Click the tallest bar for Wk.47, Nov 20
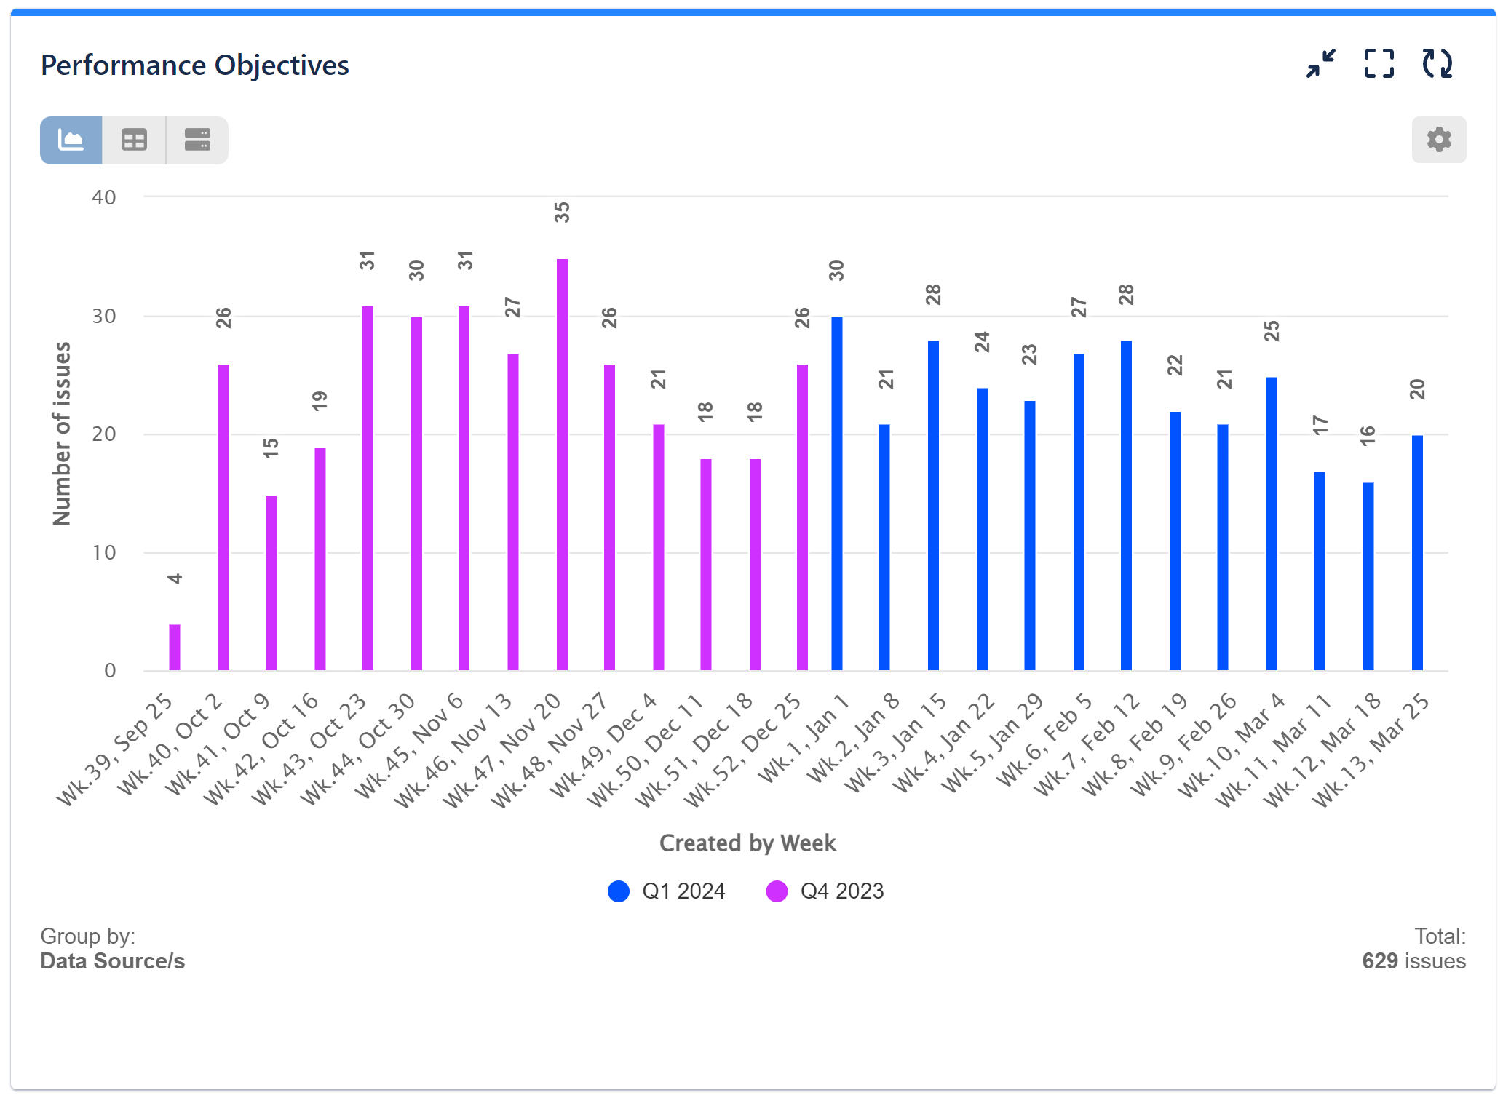[562, 466]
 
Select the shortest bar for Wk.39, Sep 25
[175, 648]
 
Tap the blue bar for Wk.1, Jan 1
[837, 495]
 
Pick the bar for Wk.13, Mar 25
[1417, 553]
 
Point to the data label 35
[562, 212]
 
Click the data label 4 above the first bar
[175, 579]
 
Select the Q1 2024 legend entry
[667, 891]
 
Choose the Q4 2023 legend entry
[825, 891]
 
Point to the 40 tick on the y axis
[104, 198]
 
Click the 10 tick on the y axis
[104, 553]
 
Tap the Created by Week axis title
[747, 843]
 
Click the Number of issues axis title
[63, 434]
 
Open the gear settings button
[1438, 140]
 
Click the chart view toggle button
[71, 140]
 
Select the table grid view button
[134, 140]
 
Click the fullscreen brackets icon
[1379, 64]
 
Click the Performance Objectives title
[195, 65]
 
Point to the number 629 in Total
[1379, 961]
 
